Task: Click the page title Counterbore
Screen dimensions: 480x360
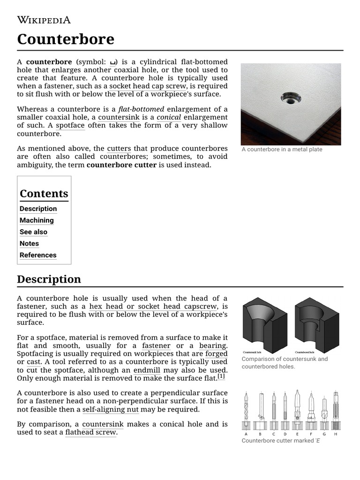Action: (x=66, y=39)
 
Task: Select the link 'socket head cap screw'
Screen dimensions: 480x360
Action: (x=148, y=86)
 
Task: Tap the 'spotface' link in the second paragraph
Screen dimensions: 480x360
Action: (x=70, y=125)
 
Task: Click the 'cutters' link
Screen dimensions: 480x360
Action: (x=119, y=149)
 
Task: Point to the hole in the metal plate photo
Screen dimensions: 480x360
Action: (x=291, y=98)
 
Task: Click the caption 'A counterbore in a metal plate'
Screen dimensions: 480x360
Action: (x=282, y=150)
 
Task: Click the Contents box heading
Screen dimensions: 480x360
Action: (x=44, y=194)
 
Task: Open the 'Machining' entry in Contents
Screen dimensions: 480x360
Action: (x=37, y=220)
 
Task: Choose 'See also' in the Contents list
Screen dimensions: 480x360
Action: (x=33, y=232)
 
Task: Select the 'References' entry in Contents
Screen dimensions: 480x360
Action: (x=38, y=255)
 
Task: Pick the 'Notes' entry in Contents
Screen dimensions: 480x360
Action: (x=29, y=243)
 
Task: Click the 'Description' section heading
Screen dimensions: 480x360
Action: (x=49, y=279)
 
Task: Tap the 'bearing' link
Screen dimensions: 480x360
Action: (x=213, y=346)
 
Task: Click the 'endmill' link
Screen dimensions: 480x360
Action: (x=147, y=370)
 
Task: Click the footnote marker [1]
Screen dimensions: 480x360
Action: (x=221, y=376)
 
